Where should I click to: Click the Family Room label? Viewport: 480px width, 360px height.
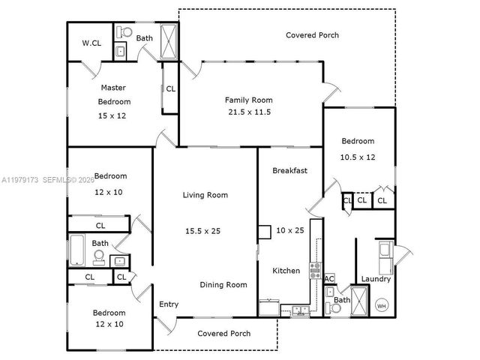[249, 100]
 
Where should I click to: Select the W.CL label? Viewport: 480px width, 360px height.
[91, 43]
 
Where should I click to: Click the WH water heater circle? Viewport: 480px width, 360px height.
[381, 305]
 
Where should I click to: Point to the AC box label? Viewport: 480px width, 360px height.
[329, 279]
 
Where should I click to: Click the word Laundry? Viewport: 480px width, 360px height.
[376, 279]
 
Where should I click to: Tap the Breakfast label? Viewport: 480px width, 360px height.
[289, 171]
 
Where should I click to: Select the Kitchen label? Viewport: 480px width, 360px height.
[286, 271]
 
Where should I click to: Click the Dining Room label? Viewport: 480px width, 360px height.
[223, 285]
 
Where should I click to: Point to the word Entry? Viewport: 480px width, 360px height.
[169, 304]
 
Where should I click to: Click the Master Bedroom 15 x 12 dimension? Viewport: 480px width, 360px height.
[114, 115]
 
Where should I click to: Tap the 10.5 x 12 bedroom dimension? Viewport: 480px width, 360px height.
[358, 157]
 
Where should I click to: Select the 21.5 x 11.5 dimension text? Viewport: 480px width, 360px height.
[249, 112]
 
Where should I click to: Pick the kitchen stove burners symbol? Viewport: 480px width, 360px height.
[316, 270]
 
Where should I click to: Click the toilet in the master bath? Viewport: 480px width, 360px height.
[124, 33]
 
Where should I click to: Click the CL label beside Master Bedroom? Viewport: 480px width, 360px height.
[171, 88]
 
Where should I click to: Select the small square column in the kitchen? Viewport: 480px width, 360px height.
[264, 232]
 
